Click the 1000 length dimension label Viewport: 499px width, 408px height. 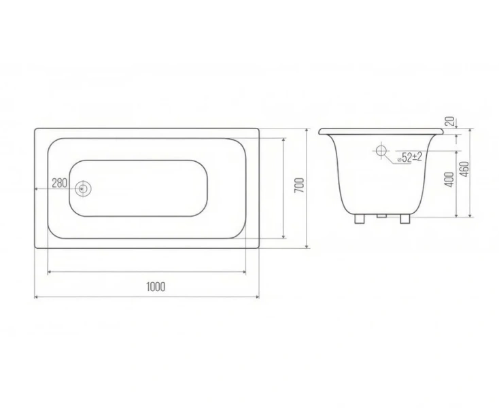pos(156,286)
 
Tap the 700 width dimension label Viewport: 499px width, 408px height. pos(298,186)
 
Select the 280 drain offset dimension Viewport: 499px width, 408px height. pos(59,184)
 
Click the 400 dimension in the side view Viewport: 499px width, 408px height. pos(448,180)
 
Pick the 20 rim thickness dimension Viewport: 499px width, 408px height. pos(449,121)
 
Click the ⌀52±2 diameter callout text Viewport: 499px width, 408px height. pos(409,157)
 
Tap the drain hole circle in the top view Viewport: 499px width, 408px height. pos(83,188)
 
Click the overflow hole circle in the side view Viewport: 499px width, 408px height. pos(381,150)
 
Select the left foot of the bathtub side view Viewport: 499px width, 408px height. pos(358,218)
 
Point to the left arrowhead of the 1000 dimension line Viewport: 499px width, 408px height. pos(37,297)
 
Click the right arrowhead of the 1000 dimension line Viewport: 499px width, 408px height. pos(257,297)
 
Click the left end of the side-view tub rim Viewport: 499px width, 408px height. pos(322,131)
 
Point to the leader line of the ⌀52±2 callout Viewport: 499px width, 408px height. pos(390,158)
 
